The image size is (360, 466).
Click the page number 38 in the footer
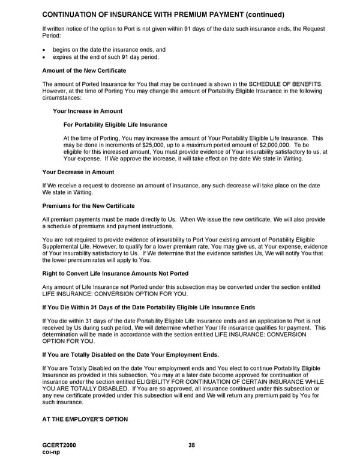point(191,445)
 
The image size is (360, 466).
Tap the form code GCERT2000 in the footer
point(59,445)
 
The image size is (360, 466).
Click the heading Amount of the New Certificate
point(84,71)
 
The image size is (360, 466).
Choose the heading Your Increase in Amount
point(87,111)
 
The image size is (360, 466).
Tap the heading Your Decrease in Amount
point(78,172)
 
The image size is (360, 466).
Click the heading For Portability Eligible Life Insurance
point(115,125)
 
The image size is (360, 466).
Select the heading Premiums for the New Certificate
point(88,206)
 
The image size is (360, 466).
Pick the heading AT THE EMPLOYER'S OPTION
point(85,419)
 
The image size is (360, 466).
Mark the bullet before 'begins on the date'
point(44,50)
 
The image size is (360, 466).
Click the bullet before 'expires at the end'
point(44,57)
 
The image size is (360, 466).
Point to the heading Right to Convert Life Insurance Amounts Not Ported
point(115,273)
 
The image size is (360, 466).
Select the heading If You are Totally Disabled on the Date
point(130,354)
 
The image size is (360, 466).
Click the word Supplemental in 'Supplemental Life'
point(61,247)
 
